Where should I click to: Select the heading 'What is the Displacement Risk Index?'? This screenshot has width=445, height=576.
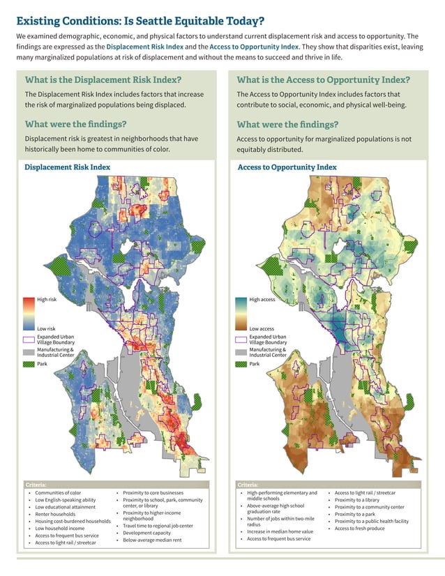point(103,79)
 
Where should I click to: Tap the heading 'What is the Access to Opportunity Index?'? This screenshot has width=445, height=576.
point(323,79)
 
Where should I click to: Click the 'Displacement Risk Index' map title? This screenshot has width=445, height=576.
point(67,167)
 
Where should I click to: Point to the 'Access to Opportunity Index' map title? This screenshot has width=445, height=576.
point(287,167)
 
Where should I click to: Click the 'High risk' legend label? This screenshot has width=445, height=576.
point(47,299)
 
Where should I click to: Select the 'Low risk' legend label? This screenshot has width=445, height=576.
point(46,328)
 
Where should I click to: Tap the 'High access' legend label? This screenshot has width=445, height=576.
point(262,299)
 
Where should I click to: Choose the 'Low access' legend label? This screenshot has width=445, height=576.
point(261,328)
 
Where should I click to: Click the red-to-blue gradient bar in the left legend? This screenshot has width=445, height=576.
point(29,313)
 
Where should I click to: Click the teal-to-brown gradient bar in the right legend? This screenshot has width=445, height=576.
point(241,313)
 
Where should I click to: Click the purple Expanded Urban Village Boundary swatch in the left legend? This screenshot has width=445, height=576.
point(29,340)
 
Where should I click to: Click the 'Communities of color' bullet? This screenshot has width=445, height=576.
point(58,493)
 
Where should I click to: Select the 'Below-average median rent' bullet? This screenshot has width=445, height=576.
point(151,540)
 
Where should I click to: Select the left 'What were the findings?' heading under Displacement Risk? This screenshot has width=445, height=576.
point(75,124)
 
